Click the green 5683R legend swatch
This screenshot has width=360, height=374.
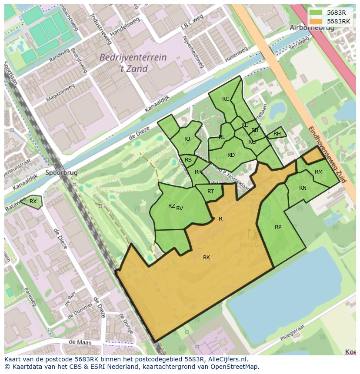[x=316, y=13]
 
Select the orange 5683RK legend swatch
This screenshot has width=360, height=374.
[x=316, y=21]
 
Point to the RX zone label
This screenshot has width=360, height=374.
[x=33, y=201]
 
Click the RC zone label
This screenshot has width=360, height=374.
[x=226, y=99]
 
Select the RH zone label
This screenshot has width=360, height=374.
[x=277, y=134]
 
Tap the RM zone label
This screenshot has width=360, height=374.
[x=319, y=172]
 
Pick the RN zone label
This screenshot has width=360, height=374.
[x=303, y=188]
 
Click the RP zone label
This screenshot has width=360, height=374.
[x=278, y=227]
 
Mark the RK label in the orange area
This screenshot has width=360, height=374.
[x=207, y=258]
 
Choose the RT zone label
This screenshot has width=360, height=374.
[x=210, y=192]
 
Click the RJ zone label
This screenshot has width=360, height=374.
[x=187, y=139]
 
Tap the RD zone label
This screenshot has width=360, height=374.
[x=231, y=155]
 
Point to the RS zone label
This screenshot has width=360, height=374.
[x=188, y=160]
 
